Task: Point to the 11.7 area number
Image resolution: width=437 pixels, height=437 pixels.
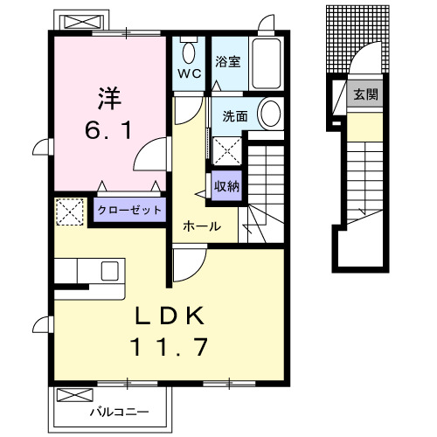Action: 170,348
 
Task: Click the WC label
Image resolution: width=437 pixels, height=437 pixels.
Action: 191,73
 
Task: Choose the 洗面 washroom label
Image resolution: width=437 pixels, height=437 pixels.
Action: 233,115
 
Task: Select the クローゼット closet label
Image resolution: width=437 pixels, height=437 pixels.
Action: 128,210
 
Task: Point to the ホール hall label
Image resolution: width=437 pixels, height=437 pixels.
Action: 201,226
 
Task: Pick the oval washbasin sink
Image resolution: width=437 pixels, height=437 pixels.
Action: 272,114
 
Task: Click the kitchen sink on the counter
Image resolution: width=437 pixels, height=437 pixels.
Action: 111,270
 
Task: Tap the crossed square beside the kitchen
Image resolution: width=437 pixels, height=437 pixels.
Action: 68,211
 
